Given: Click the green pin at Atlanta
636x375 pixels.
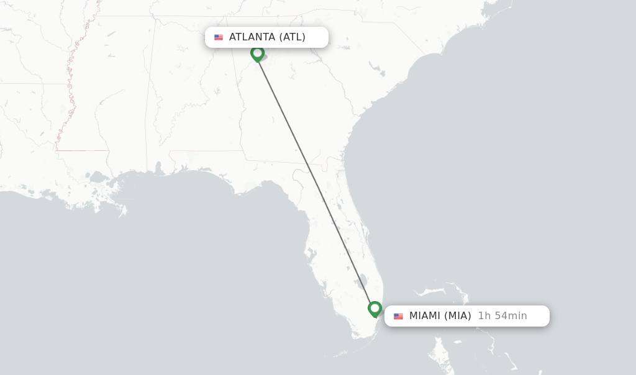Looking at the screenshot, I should point(257,53).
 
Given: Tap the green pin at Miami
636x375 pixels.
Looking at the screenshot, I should point(375,308).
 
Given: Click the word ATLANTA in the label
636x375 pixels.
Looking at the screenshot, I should point(252,37).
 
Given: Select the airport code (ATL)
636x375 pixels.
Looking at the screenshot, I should point(292,37).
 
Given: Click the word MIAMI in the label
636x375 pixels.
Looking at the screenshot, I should point(425,316).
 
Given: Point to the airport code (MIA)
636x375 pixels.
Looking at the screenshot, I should point(458,316).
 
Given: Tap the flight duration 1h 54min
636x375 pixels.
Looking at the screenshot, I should point(502,316).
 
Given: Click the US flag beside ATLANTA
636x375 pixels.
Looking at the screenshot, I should point(219,37).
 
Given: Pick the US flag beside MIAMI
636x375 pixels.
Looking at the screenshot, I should point(398,316).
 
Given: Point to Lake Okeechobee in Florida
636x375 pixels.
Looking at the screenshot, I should point(363,282).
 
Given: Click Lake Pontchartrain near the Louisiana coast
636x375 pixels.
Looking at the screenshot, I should point(97,178).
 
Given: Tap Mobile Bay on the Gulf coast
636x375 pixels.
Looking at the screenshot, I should point(159,168).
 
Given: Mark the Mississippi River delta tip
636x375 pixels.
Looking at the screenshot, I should point(122,211).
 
